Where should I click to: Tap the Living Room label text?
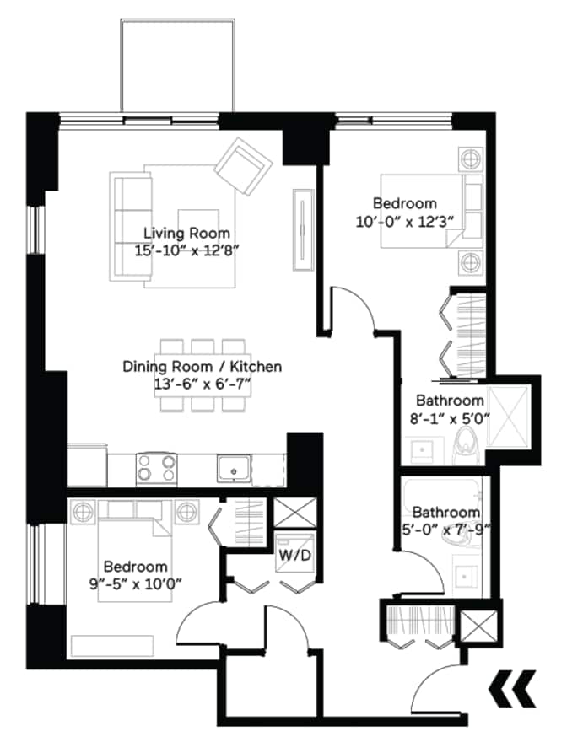tap(186, 234)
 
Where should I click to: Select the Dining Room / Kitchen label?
tap(202, 368)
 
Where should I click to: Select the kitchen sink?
tap(231, 467)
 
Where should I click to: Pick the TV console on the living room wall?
tap(300, 229)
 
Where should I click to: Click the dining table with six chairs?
tap(202, 374)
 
